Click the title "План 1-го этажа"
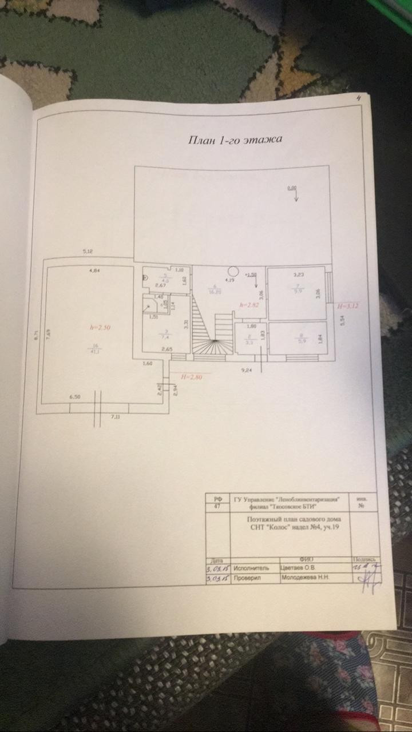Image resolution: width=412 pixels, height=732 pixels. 236,140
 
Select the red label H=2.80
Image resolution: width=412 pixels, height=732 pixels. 192,377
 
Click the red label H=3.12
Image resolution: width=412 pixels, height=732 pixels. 348,306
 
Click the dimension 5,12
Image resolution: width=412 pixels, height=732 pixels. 88,251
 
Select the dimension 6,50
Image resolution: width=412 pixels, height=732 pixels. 75,396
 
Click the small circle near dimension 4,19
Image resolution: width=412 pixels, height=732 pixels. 233,271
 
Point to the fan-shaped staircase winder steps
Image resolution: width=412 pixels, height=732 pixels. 212,347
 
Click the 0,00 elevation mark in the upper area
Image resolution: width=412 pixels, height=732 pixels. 292,188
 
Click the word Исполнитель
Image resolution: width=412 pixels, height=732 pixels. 251,569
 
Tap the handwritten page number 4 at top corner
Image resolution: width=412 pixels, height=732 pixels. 358,98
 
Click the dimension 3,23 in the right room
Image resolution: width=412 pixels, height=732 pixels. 299,274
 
